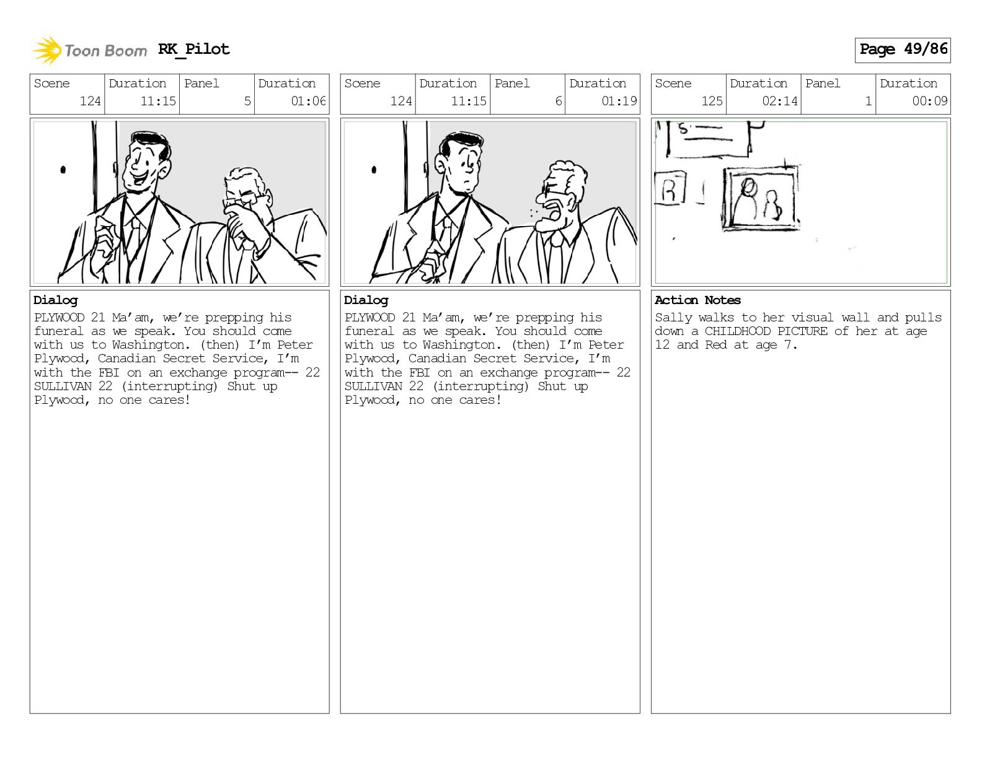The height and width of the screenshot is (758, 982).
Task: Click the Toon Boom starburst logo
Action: pyautogui.click(x=46, y=50)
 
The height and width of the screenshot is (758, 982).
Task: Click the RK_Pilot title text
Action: pyautogui.click(x=194, y=49)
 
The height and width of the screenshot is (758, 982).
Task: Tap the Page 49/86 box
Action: pyautogui.click(x=903, y=50)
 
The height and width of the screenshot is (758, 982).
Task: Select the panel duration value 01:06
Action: pyautogui.click(x=308, y=101)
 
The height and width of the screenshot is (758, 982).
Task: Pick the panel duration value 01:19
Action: pyautogui.click(x=619, y=101)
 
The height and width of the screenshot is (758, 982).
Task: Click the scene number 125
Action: pyautogui.click(x=712, y=101)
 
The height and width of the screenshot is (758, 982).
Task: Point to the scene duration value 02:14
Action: pyautogui.click(x=780, y=101)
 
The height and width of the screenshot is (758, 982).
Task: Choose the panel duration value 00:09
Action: pyautogui.click(x=929, y=101)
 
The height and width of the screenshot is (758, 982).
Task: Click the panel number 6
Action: pyautogui.click(x=559, y=101)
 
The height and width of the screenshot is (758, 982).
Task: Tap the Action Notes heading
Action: pyautogui.click(x=697, y=300)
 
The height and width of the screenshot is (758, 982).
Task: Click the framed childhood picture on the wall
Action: pyautogui.click(x=760, y=199)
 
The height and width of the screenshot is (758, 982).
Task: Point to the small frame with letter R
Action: pyautogui.click(x=670, y=188)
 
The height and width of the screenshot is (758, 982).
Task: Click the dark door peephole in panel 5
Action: pyautogui.click(x=63, y=170)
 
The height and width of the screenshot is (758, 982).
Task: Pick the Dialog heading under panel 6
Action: pyautogui.click(x=366, y=301)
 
